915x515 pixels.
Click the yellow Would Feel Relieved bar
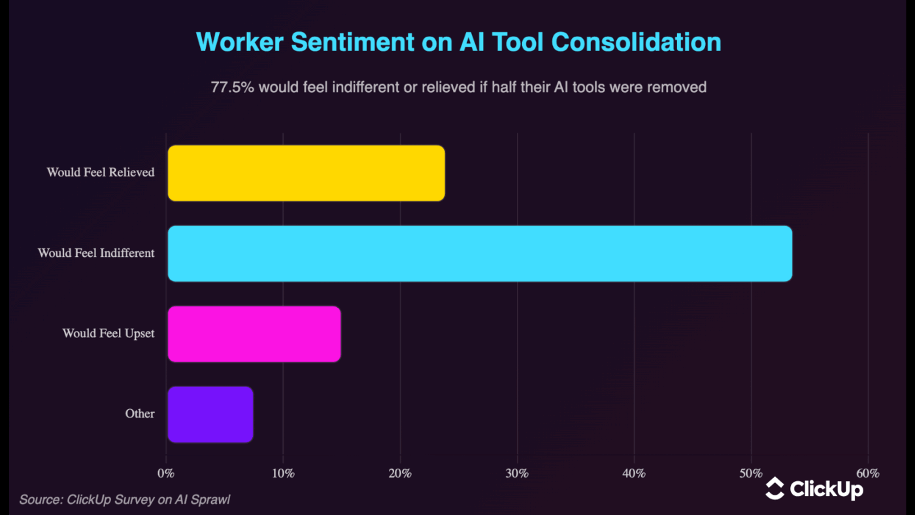pos(306,173)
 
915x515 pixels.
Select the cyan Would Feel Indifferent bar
pos(480,254)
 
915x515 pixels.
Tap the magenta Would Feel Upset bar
pos(254,334)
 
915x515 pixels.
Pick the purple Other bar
pos(210,414)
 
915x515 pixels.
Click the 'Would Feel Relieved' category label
pos(101,173)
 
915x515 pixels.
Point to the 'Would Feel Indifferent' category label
pos(96,253)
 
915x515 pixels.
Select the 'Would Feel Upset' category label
pos(108,333)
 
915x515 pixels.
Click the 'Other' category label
pos(140,414)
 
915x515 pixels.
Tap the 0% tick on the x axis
pos(167,473)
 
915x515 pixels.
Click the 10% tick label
pos(283,473)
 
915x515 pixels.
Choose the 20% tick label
pos(400,473)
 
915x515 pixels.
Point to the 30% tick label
pos(517,473)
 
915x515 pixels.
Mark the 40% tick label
pos(634,473)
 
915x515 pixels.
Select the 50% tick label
pos(751,473)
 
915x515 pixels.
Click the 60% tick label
pos(867,473)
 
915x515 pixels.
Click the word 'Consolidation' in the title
pos(636,42)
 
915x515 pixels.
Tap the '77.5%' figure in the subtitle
pos(232,87)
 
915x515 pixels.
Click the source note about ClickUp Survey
pos(125,500)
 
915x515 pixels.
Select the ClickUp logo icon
pos(775,488)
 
